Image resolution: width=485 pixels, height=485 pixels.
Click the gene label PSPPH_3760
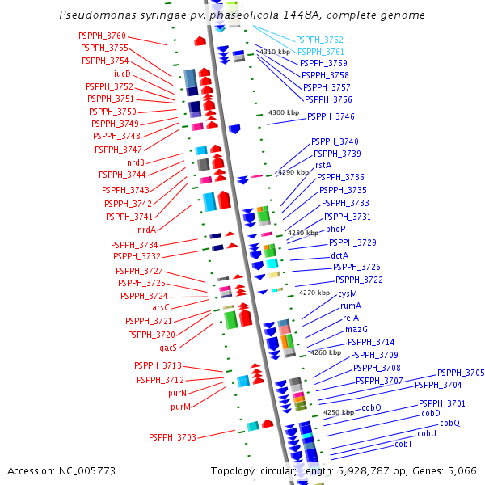102,36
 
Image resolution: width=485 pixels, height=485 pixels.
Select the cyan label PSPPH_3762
319,40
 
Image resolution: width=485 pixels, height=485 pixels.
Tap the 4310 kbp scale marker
275,52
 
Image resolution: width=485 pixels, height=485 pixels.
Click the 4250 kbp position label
338,412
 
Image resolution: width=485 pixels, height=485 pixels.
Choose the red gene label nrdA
146,230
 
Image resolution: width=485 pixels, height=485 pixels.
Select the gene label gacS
168,348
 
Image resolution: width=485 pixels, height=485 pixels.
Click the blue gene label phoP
335,230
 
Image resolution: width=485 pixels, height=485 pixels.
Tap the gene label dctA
339,255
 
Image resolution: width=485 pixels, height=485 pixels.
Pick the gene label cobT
403,445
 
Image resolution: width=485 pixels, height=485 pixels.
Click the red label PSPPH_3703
172,437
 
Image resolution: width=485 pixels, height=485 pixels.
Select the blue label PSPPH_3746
331,116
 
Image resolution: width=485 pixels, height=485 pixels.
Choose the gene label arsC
161,308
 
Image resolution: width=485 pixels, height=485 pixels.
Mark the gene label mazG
356,330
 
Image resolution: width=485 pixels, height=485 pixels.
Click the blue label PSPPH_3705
461,373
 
